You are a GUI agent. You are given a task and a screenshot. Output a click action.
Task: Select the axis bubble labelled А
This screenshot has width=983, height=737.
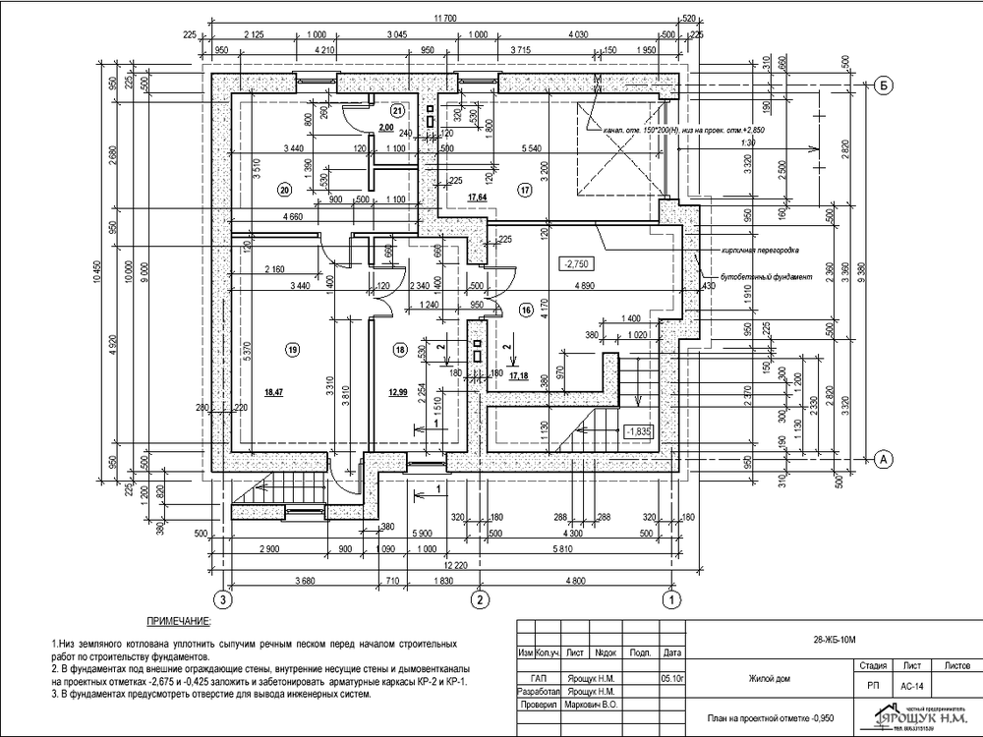click(x=884, y=458)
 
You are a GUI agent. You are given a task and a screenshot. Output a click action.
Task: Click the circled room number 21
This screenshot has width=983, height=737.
click(x=397, y=109)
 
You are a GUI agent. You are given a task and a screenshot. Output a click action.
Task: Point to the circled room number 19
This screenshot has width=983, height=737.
click(x=292, y=349)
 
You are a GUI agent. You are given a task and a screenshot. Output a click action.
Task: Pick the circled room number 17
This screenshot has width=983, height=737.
click(x=524, y=190)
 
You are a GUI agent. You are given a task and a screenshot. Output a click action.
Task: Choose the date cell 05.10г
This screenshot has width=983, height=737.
click(x=673, y=678)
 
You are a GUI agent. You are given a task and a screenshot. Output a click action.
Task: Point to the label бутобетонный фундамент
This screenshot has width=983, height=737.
click(x=767, y=277)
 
